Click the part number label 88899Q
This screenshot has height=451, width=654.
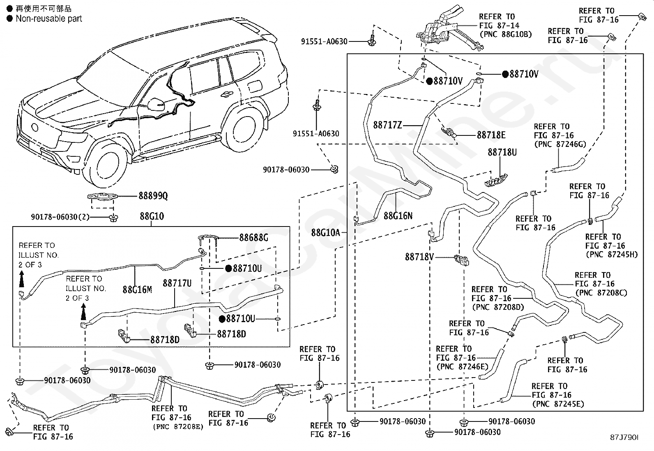coord(153,196)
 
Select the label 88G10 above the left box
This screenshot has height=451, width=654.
coord(152,216)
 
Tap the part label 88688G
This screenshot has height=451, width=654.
coord(254,238)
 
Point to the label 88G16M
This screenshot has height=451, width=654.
coord(137,289)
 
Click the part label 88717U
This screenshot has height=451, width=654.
coord(177,283)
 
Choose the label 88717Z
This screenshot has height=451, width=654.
coord(387,125)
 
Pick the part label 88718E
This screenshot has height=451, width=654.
coord(491,135)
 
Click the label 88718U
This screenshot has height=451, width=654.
coord(502,152)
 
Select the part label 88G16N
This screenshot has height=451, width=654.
coord(398,216)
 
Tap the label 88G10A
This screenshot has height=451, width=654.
coord(325,233)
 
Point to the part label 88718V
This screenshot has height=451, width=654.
coord(419,257)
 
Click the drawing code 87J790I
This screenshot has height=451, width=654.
coord(624,437)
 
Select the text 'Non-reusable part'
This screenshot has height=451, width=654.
coord(49,18)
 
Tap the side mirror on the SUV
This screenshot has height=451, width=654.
coord(156,104)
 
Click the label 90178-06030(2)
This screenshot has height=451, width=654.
coord(60,217)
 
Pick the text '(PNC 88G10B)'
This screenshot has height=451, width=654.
coord(506,34)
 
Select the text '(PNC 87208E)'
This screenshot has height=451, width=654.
coord(178,426)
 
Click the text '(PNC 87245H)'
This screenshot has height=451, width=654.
coord(612,254)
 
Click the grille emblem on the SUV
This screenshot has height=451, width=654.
coord(35,128)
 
